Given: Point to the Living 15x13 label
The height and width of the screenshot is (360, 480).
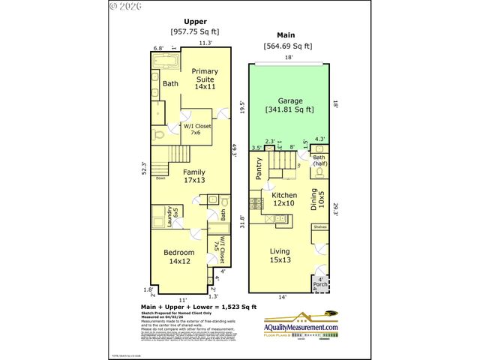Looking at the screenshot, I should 280,255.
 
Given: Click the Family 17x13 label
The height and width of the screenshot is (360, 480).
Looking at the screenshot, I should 194,175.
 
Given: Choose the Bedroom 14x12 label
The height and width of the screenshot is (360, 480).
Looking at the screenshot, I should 179,257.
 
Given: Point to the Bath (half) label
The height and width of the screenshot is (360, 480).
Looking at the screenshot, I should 319,160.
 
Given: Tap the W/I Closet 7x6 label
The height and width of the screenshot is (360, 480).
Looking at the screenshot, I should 196,129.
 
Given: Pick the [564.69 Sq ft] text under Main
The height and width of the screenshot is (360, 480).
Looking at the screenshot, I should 288,46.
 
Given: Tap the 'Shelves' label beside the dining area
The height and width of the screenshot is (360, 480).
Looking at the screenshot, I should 319,226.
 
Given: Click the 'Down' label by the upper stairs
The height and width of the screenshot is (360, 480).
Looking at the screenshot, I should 160,178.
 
